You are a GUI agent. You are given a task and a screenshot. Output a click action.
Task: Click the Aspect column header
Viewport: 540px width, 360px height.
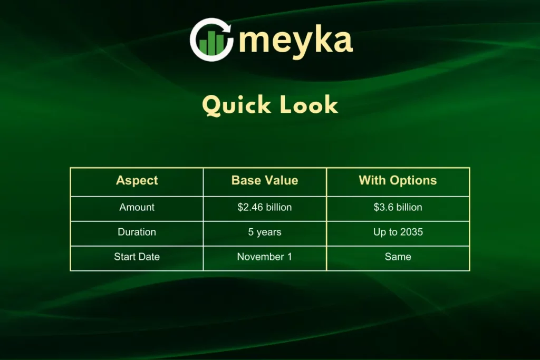pyautogui.click(x=137, y=180)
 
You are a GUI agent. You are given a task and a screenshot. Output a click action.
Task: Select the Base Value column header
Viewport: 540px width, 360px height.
pyautogui.click(x=265, y=180)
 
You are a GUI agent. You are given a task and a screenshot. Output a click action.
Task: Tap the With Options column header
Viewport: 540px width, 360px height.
pyautogui.click(x=398, y=180)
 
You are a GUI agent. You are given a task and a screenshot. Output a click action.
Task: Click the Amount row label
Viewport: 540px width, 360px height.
pyautogui.click(x=137, y=207)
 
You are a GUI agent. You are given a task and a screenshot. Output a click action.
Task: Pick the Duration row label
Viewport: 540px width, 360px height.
pyautogui.click(x=137, y=232)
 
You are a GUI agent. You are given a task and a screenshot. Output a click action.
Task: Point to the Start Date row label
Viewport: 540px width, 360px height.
pyautogui.click(x=137, y=257)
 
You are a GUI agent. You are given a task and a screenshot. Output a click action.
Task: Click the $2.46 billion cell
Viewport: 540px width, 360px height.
pyautogui.click(x=265, y=207)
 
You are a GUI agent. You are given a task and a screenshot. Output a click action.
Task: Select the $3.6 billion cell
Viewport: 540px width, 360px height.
pyautogui.click(x=398, y=207)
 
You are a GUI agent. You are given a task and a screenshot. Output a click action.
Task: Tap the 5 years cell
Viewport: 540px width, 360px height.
pyautogui.click(x=265, y=232)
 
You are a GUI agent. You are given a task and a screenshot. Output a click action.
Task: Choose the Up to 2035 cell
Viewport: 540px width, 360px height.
pyautogui.click(x=398, y=232)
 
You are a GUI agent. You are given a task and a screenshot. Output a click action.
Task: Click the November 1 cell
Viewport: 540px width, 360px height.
pyautogui.click(x=265, y=257)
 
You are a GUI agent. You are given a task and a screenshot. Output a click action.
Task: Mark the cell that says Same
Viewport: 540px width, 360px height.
pyautogui.click(x=398, y=257)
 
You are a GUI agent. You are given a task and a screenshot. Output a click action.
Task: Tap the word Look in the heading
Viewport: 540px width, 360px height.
pyautogui.click(x=308, y=105)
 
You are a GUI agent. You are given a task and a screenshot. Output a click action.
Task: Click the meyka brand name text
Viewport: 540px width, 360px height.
pyautogui.click(x=296, y=41)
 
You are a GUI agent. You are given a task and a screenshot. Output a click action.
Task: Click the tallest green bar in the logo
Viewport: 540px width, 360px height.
pyautogui.click(x=220, y=44)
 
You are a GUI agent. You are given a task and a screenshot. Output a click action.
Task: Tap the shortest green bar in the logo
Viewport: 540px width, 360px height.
pyautogui.click(x=203, y=47)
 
